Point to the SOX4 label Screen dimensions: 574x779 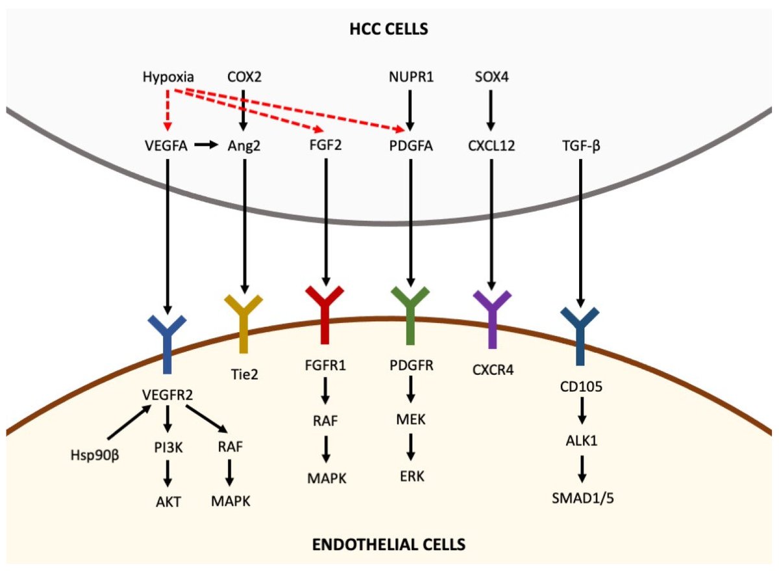pyautogui.click(x=490, y=78)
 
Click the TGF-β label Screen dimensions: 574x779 pyautogui.click(x=580, y=146)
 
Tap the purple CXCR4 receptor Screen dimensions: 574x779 pyautogui.click(x=491, y=315)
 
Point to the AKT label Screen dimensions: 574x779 pyautogui.click(x=167, y=501)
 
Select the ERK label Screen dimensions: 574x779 pyautogui.click(x=410, y=477)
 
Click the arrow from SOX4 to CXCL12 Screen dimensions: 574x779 pyautogui.click(x=491, y=111)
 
